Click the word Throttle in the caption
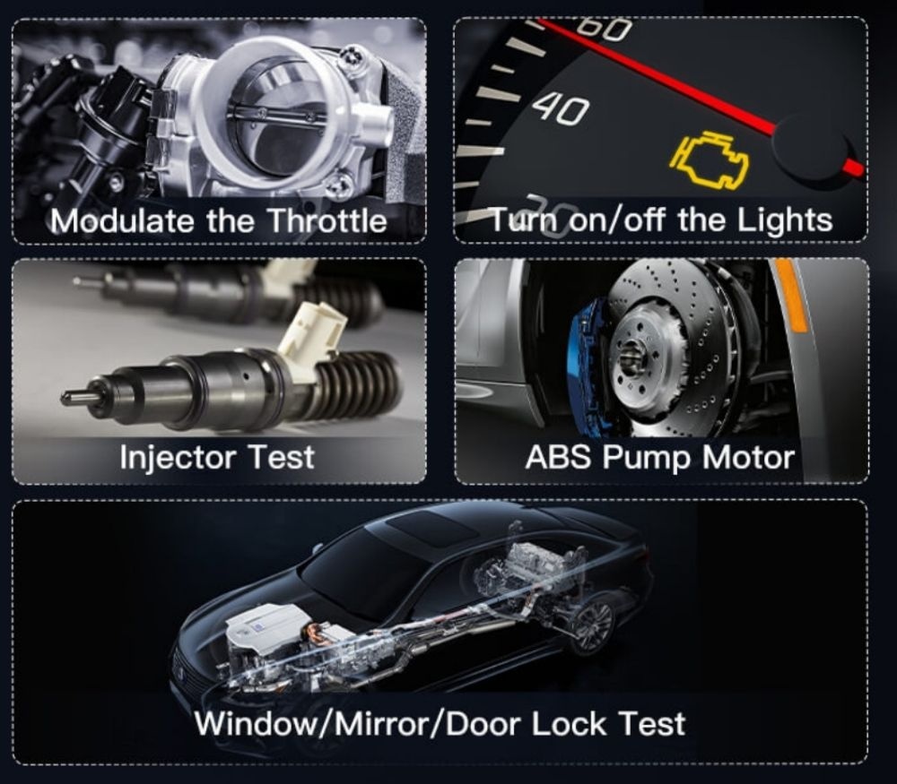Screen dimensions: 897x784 click(327, 220)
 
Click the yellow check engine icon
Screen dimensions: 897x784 click(710, 160)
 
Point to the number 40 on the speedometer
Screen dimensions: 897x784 click(560, 108)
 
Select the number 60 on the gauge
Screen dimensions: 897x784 click(604, 29)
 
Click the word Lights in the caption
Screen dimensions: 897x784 click(784, 220)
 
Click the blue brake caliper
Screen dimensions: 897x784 click(586, 366)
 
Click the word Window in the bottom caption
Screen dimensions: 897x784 click(258, 724)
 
